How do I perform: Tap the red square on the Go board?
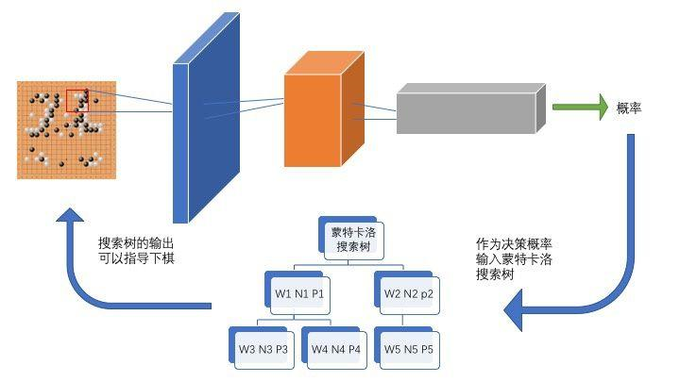(x=76, y=101)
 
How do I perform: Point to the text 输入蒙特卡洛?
(x=515, y=259)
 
